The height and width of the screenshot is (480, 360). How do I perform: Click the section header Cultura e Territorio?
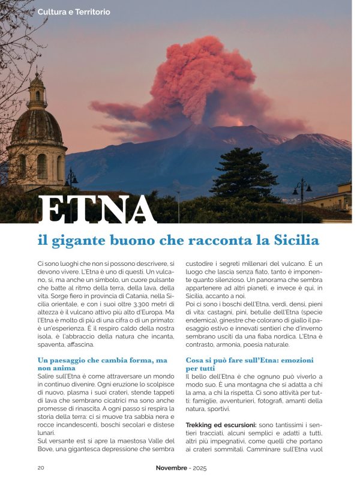point(74,12)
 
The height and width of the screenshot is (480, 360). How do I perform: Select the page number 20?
point(41,467)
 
